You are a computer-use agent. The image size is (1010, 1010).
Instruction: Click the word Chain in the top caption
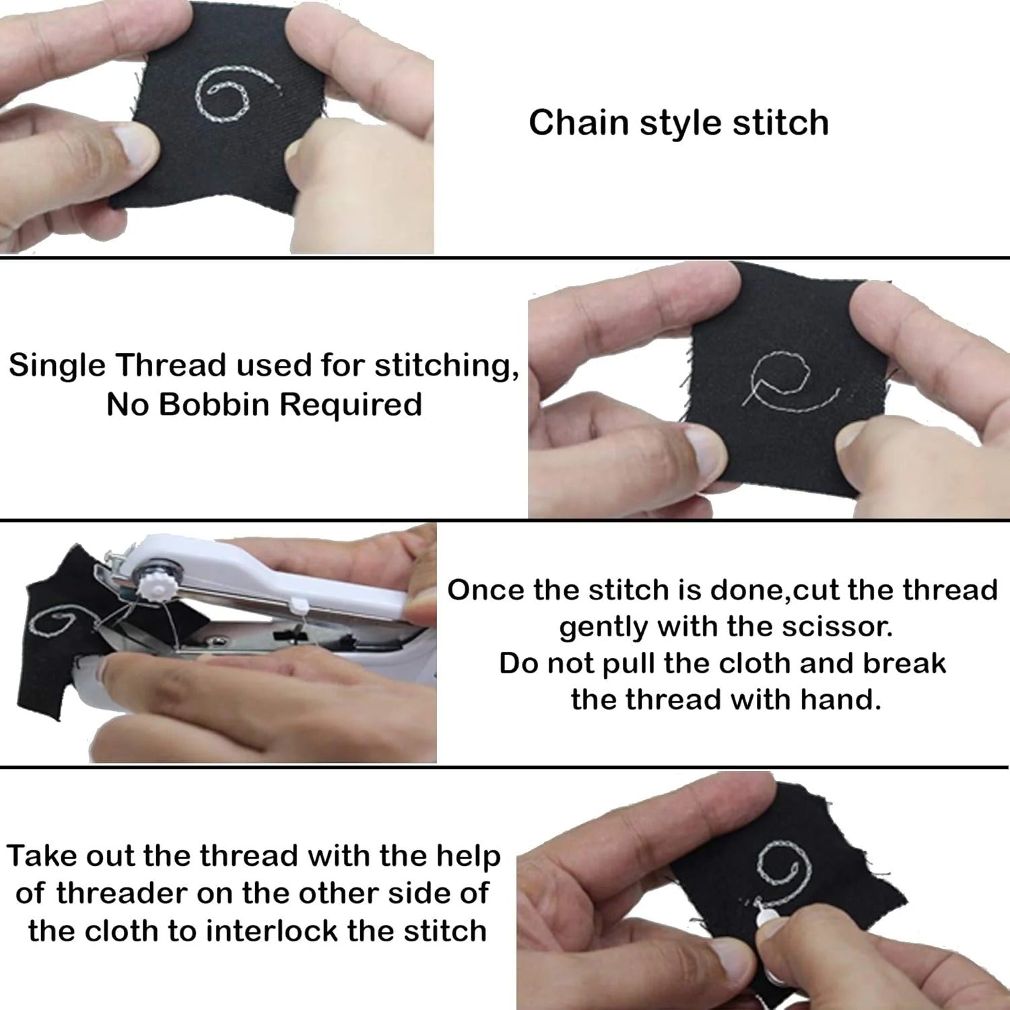point(578,123)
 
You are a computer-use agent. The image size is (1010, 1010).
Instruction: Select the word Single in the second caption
point(57,366)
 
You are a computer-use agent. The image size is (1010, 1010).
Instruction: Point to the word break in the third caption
point(904,663)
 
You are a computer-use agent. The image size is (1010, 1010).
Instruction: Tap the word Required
point(350,405)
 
